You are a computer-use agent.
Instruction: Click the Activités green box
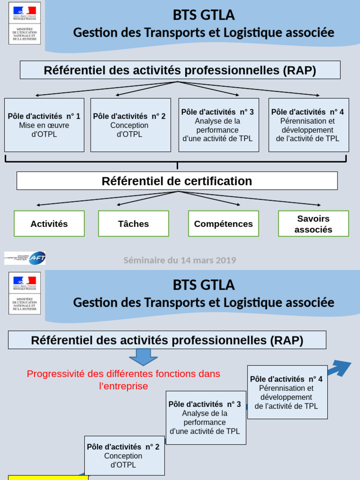[49, 224]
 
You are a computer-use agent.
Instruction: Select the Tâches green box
[134, 224]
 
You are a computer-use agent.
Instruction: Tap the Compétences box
[223, 224]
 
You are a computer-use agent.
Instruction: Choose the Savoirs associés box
[313, 224]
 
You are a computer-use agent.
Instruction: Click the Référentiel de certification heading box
[177, 181]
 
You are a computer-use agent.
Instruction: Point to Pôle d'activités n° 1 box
[44, 125]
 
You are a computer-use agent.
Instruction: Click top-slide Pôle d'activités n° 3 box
[218, 125]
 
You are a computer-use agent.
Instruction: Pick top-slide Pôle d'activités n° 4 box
[308, 125]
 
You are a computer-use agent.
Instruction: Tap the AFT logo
[25, 258]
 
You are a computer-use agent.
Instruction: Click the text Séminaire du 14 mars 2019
[180, 260]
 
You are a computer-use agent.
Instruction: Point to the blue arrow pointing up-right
[339, 368]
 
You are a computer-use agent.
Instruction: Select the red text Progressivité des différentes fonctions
[124, 380]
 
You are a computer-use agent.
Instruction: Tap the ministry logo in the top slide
[24, 23]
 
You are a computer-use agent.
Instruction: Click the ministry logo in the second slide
[24, 293]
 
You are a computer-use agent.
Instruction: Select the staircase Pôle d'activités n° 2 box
[124, 455]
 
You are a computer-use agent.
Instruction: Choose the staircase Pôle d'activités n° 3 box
[205, 418]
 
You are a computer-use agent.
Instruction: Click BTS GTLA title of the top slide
[203, 15]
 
